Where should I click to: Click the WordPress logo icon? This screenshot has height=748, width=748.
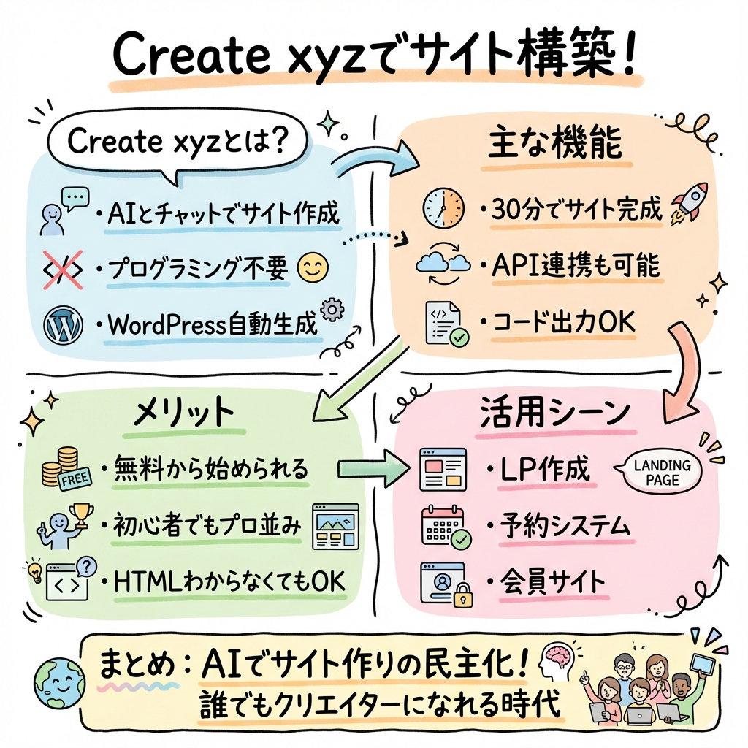pos(61,324)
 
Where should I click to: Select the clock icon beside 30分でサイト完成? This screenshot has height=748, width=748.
pos(443,209)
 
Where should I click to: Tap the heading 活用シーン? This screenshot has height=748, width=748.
pos(555,413)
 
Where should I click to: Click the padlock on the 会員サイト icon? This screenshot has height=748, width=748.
pos(461,599)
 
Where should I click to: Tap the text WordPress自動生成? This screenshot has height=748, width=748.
pos(213,324)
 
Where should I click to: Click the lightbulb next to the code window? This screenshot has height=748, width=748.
pos(34,570)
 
